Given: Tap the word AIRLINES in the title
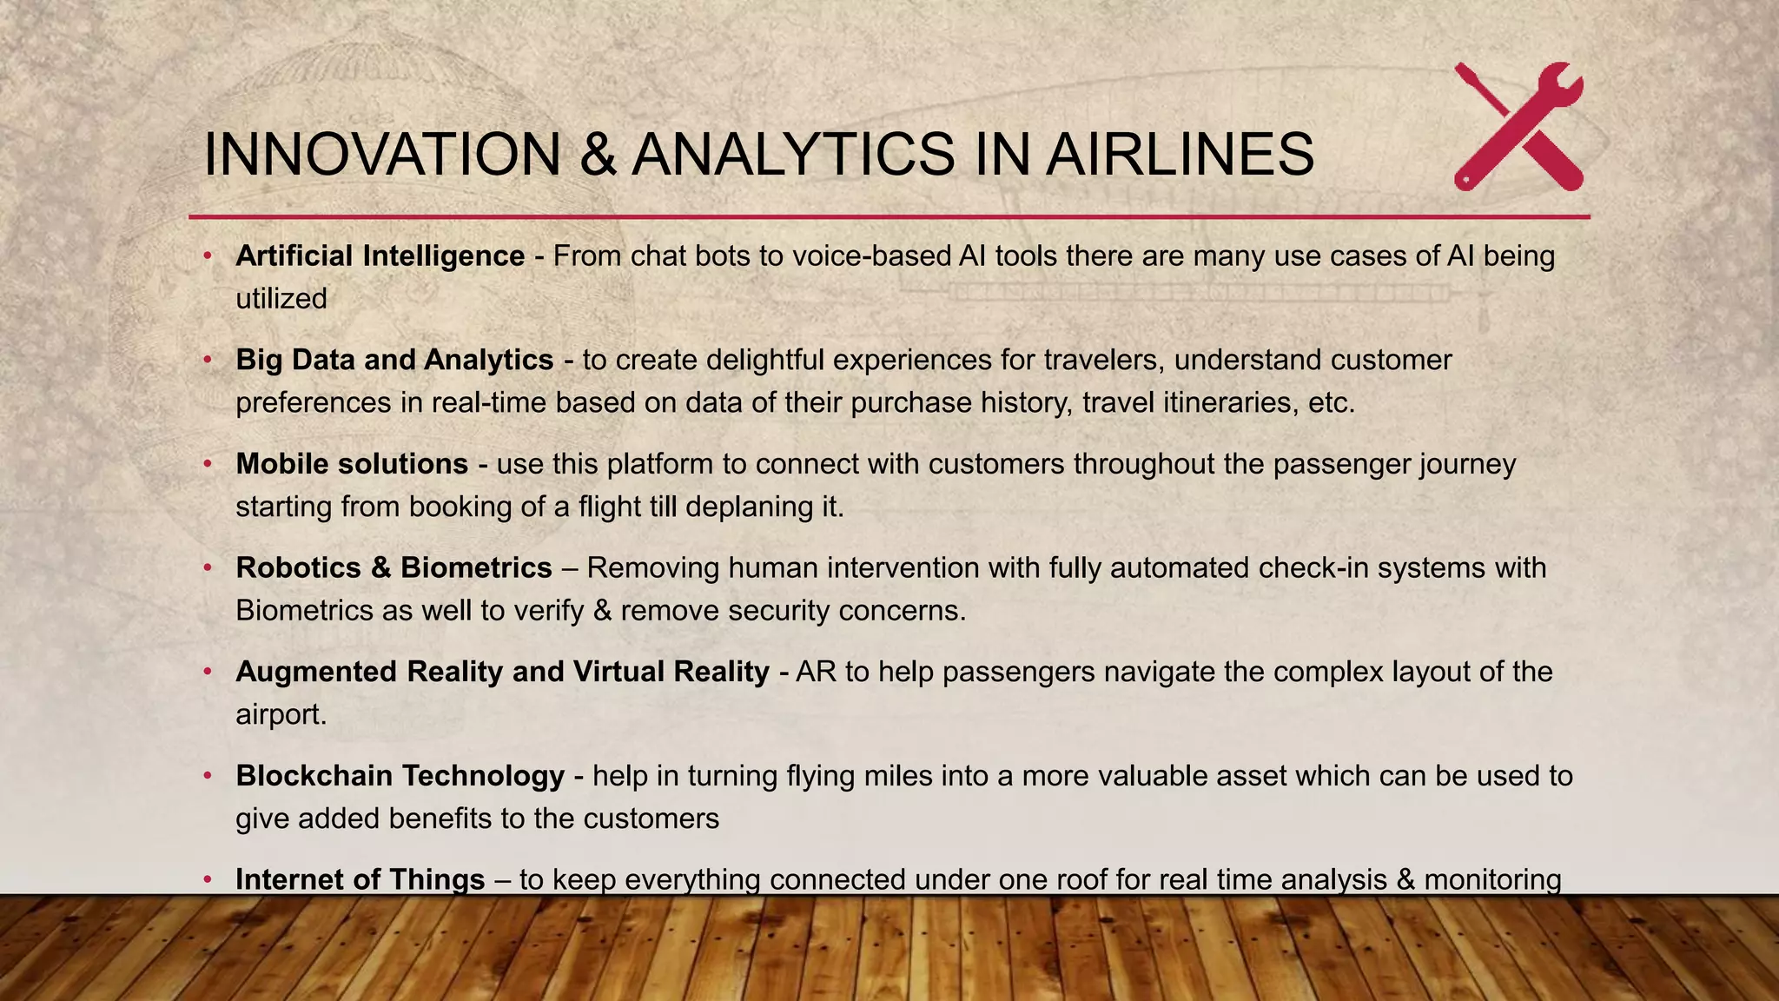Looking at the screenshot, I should point(1180,155).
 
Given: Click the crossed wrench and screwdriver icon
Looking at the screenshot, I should point(1518,127).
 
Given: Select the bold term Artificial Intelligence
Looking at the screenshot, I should point(380,255).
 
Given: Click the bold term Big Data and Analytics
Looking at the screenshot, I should point(394,359).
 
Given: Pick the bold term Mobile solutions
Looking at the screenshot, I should point(352,463).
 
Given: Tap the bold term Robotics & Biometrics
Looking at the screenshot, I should point(393,567).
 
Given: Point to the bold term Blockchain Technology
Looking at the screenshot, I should point(400,775).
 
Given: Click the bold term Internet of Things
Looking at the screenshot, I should point(360,879).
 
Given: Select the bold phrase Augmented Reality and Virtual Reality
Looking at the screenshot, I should point(502,671).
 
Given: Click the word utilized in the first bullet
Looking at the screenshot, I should point(281,299).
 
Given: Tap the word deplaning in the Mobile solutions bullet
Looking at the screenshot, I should point(749,507).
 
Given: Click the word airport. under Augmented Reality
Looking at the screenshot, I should point(281,715).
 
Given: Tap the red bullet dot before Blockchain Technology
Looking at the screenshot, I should point(208,776).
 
